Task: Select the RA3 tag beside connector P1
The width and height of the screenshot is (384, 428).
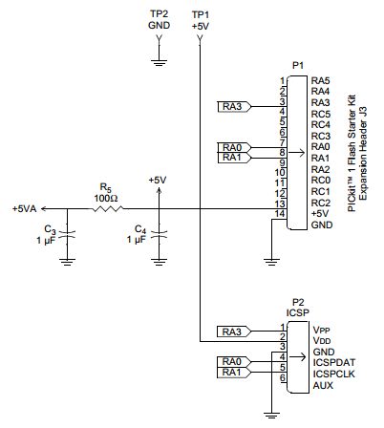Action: pos(231,105)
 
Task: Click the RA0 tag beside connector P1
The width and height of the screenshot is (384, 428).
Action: pos(231,146)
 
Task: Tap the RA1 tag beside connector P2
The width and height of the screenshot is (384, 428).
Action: pos(231,373)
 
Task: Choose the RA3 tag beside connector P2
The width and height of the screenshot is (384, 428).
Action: pos(231,332)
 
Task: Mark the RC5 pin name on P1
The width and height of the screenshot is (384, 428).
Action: pos(321,113)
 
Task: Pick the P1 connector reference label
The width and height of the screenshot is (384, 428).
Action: pos(297,64)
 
